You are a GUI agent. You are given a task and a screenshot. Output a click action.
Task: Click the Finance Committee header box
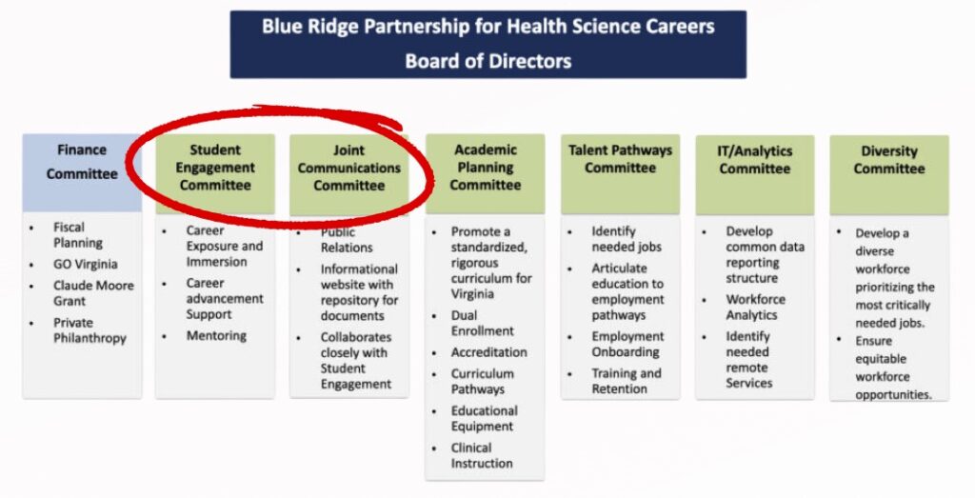click(82, 173)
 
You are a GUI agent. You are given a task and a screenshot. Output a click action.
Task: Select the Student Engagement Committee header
click(215, 174)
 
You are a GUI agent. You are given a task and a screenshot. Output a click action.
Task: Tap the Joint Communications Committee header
click(348, 174)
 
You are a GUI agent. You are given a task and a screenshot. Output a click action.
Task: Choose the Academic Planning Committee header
click(485, 174)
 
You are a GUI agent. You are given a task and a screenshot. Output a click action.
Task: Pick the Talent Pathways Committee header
click(620, 174)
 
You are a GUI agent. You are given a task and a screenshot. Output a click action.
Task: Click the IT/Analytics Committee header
click(755, 175)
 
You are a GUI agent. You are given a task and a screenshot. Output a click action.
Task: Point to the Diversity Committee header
click(889, 175)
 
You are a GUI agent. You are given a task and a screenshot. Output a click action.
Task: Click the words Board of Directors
click(488, 61)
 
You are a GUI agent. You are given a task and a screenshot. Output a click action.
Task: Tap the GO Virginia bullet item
click(85, 264)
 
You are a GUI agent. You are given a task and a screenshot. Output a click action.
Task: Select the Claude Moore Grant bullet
click(93, 293)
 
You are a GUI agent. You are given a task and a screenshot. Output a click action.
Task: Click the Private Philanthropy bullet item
click(90, 330)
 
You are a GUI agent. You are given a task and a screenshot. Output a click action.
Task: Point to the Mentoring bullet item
click(216, 336)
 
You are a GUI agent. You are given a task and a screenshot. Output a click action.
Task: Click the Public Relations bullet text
click(347, 240)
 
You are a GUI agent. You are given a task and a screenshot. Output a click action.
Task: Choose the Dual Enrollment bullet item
click(483, 324)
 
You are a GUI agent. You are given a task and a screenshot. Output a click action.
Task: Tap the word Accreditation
click(488, 352)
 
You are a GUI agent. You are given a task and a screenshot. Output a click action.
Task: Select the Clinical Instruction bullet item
click(482, 456)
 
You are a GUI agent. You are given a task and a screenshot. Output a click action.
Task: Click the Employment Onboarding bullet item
click(627, 344)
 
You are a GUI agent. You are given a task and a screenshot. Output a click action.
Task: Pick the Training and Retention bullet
click(627, 381)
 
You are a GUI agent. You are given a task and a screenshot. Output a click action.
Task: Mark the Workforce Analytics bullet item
click(755, 308)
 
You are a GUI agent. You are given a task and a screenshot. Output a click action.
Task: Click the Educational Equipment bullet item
click(485, 418)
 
